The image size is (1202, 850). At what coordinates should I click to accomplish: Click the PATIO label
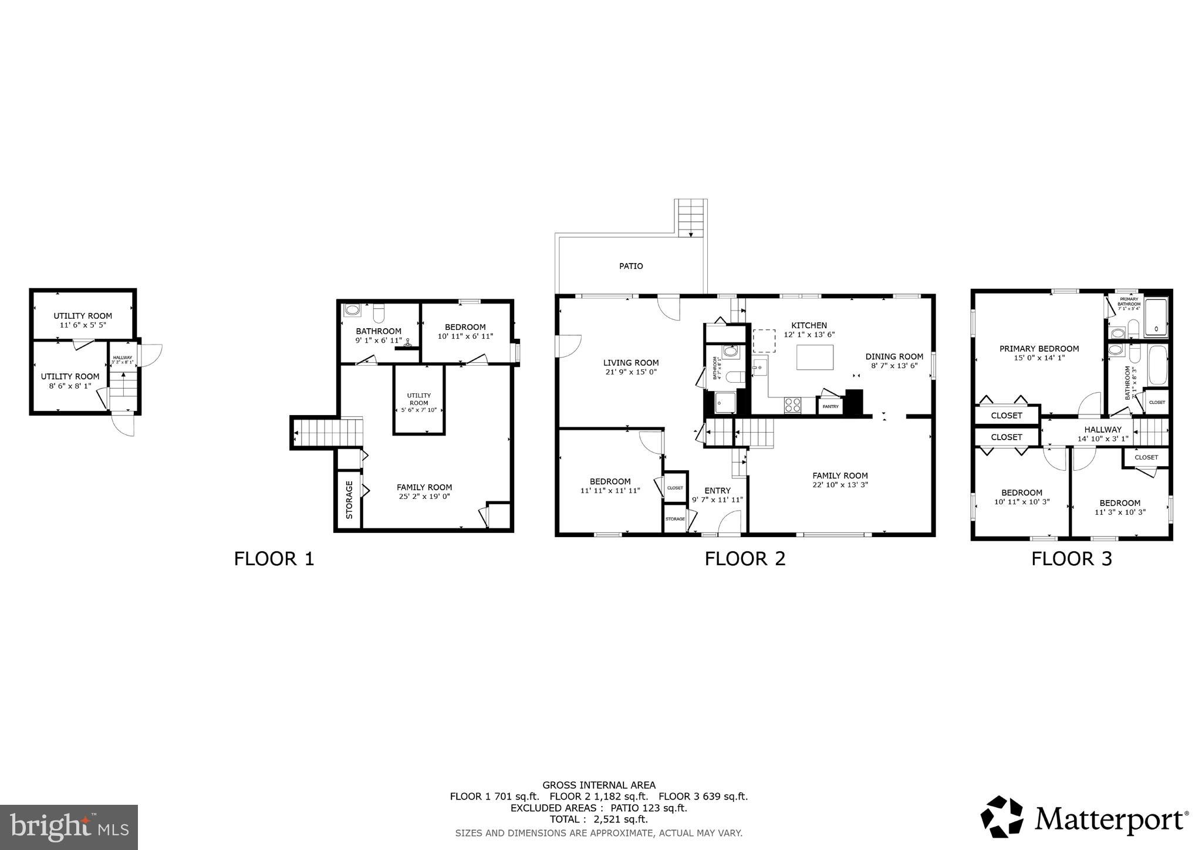[x=631, y=267]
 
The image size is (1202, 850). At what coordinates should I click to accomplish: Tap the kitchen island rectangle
[x=815, y=357]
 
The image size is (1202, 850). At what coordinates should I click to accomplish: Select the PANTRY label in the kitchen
[x=830, y=406]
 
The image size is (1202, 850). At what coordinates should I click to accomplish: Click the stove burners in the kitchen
[x=792, y=404]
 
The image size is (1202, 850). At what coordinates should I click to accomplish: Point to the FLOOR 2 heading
[x=745, y=558]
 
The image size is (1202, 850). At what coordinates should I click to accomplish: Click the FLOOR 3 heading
[x=1071, y=558]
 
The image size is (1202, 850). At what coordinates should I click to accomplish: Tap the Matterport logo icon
[x=1002, y=817]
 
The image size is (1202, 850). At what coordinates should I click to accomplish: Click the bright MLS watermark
[x=69, y=827]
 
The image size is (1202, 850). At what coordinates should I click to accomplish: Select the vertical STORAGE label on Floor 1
[x=349, y=500]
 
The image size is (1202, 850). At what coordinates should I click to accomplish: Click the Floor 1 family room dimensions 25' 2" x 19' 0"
[x=424, y=497]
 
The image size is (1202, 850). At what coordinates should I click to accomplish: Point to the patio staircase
[x=691, y=218]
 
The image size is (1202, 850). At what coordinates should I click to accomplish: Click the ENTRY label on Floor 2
[x=717, y=491]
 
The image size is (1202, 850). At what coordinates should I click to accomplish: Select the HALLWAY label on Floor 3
[x=1103, y=430]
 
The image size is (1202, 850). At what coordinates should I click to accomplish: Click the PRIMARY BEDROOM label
[x=1039, y=349]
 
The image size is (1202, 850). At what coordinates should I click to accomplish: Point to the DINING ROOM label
[x=894, y=356]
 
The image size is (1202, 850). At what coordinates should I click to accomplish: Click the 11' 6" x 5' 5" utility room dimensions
[x=83, y=325]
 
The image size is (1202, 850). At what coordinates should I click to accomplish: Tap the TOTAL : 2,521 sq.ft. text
[x=599, y=819]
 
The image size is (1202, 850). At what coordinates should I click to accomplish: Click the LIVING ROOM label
[x=631, y=363]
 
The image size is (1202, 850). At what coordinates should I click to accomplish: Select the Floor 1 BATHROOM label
[x=379, y=331]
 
